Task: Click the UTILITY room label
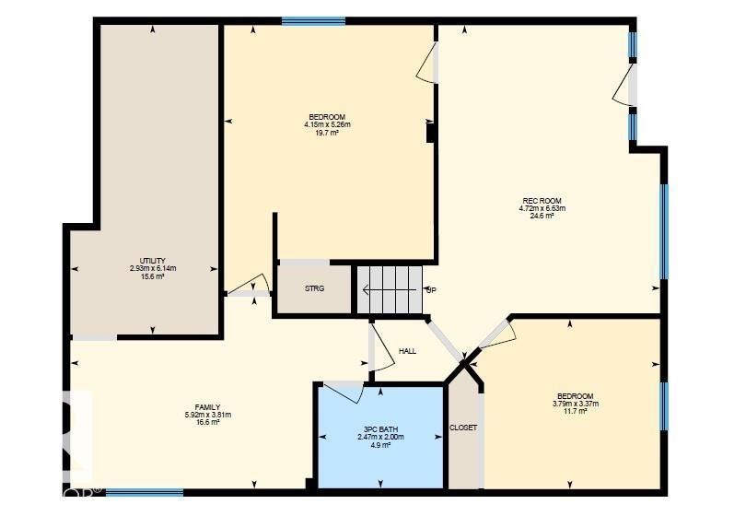point(153,261)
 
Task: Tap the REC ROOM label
point(542,201)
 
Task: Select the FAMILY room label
point(207,407)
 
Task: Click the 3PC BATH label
point(380,428)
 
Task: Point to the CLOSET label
point(463,428)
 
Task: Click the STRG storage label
point(315,288)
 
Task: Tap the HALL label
point(408,351)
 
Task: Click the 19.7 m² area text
point(327,133)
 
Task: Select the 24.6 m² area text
point(542,216)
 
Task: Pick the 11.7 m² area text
point(575,411)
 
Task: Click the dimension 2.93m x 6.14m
point(153,269)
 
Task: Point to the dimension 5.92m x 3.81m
point(207,415)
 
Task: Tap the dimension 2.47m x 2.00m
point(380,437)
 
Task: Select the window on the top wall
point(313,20)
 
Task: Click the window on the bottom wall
point(145,493)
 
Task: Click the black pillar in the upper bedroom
point(430,133)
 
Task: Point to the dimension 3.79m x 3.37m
point(575,404)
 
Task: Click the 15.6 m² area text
point(153,276)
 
